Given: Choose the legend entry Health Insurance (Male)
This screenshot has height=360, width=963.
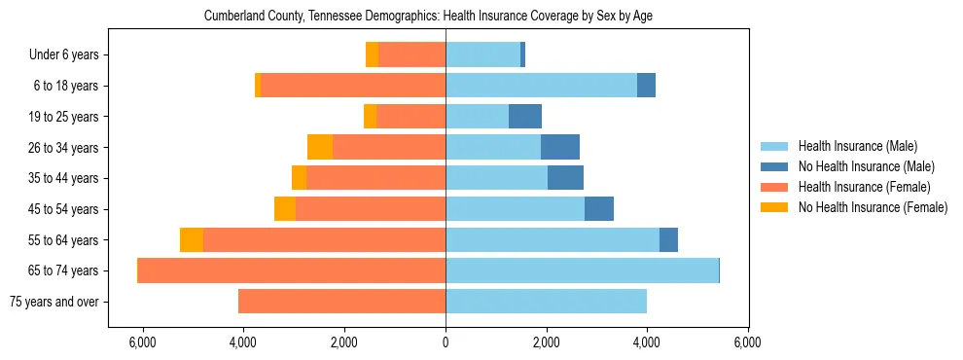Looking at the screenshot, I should [857, 146].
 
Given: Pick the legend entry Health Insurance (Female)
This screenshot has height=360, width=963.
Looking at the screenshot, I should [864, 187].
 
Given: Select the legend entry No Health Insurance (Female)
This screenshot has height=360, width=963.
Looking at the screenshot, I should [872, 207].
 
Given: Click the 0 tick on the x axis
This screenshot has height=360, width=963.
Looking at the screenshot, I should [446, 342].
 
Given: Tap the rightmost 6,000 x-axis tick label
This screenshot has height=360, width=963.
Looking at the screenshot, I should [747, 342].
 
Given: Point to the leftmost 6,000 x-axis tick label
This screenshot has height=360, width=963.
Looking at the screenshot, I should [143, 342].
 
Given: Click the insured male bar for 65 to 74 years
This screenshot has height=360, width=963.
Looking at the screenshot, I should [582, 270].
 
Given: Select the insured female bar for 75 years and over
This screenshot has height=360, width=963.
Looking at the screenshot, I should [341, 302].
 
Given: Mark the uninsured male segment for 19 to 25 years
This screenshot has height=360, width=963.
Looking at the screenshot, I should [525, 117].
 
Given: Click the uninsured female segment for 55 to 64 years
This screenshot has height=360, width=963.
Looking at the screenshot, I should [192, 240].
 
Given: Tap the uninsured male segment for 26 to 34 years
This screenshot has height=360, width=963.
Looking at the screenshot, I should [560, 148].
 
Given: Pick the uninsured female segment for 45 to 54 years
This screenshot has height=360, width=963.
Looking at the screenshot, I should [285, 209].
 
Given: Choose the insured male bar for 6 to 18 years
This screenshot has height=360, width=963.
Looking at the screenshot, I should [541, 86].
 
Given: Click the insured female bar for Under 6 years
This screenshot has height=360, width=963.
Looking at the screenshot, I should [411, 55].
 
